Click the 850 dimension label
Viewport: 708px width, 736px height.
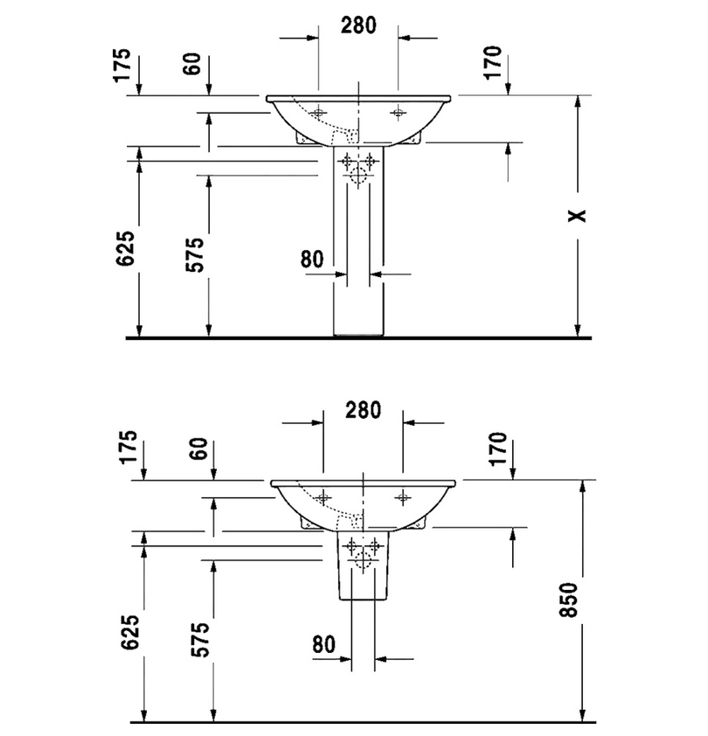click(568, 600)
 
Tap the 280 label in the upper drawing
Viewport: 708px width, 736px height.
click(357, 25)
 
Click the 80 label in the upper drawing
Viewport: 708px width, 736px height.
click(312, 259)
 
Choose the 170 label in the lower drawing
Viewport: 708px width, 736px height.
click(498, 449)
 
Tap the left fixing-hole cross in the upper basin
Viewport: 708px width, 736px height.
click(318, 113)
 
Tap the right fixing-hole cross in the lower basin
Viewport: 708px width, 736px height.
click(402, 497)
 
